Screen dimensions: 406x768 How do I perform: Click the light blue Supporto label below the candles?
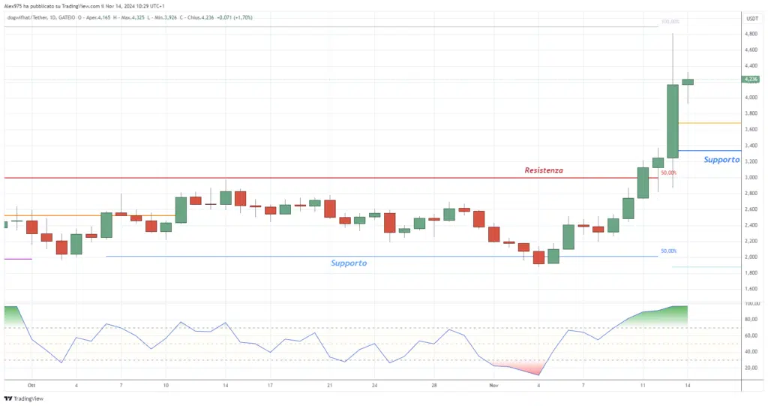pos(349,263)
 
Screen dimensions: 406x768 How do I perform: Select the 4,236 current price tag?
pos(751,79)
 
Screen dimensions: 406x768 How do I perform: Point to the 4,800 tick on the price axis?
pos(750,34)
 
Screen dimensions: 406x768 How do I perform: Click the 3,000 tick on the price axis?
pos(750,177)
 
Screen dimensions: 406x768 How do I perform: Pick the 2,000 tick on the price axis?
pos(750,257)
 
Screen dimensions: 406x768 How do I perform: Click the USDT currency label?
pos(751,17)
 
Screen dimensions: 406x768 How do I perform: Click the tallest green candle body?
pos(673,121)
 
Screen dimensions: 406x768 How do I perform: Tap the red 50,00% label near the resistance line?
pos(668,173)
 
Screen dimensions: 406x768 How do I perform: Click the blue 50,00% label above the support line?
pos(668,251)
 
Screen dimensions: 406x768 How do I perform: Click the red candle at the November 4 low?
pos(538,257)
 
